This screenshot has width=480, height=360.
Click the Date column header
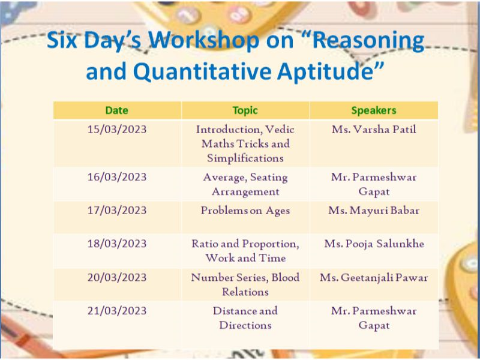[x=116, y=110]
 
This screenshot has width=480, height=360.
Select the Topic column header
[x=245, y=110]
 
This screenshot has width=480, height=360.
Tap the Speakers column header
[x=374, y=110]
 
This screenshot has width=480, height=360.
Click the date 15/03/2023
[x=117, y=130]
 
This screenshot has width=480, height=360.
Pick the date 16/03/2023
[x=117, y=177]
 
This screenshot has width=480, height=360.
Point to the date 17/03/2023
[x=117, y=211]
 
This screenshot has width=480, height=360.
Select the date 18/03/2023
[x=117, y=244]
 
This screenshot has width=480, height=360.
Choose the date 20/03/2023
[x=117, y=278]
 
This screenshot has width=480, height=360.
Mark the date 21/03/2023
[x=117, y=311]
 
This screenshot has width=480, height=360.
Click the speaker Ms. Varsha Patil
[x=374, y=130]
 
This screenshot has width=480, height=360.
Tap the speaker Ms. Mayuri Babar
[x=374, y=211]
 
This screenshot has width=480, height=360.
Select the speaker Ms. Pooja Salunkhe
[x=374, y=244]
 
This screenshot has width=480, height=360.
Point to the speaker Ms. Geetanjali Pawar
[x=374, y=278]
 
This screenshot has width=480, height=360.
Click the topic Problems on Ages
[x=245, y=211]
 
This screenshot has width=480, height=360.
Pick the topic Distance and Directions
[x=245, y=318]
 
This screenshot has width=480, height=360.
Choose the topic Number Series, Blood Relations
[x=245, y=284]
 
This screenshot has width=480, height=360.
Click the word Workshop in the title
[x=204, y=41]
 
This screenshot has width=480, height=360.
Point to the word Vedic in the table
[x=280, y=130]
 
